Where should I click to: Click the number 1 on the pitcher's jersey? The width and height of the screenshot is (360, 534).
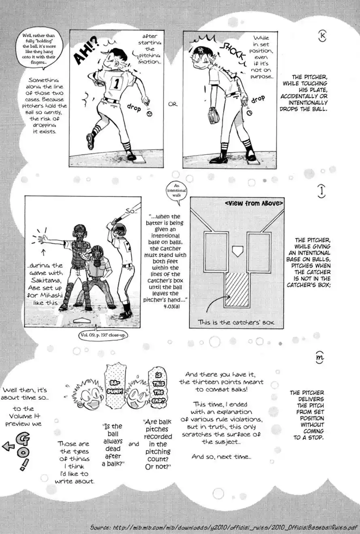tap(116, 83)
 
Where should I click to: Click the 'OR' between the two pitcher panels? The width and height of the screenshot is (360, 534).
tap(173, 104)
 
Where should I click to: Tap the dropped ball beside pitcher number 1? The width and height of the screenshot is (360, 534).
tap(150, 115)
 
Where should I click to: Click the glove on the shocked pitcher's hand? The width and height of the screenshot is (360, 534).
tap(213, 115)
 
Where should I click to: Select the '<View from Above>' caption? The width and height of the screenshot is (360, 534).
tap(254, 203)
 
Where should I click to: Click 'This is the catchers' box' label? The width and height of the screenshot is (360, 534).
tap(236, 322)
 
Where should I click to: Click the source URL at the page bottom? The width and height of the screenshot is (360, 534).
tap(223, 528)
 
